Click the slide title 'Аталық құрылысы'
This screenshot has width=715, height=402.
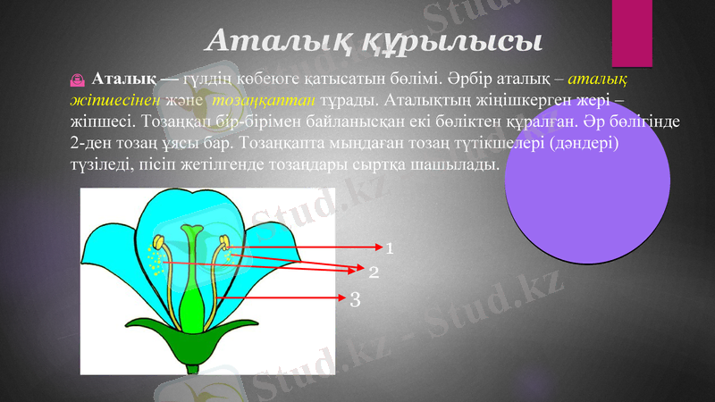374,40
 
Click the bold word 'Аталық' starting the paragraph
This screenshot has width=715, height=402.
124,79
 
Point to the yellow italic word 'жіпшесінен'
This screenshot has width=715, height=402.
112,98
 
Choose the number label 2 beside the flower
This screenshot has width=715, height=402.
374,270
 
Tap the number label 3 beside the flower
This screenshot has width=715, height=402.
355,299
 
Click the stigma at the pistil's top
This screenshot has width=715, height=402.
191,231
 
